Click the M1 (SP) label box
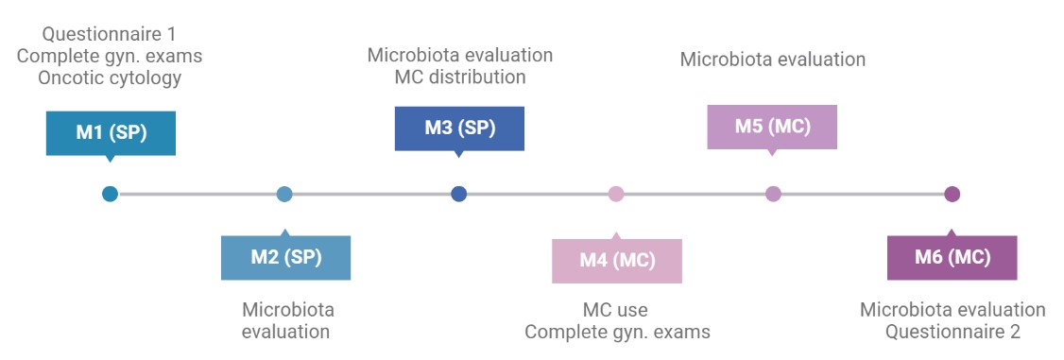click(x=111, y=132)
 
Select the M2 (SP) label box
click(x=285, y=257)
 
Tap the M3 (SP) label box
click(x=459, y=128)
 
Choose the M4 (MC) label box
click(x=617, y=260)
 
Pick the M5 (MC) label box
click(x=772, y=127)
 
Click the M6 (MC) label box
click(x=952, y=257)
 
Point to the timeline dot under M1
click(x=111, y=195)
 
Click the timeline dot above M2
click(x=284, y=195)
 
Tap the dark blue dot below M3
click(x=459, y=195)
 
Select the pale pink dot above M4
click(x=616, y=195)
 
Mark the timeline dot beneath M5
click(x=773, y=195)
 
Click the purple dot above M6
click(x=952, y=195)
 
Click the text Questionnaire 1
click(x=110, y=35)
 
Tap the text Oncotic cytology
click(x=110, y=78)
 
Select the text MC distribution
click(x=460, y=77)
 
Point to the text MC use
click(x=615, y=310)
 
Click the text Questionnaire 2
click(x=952, y=332)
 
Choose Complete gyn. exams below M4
click(x=617, y=332)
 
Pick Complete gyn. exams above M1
click(x=110, y=57)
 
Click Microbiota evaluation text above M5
click(x=773, y=60)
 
